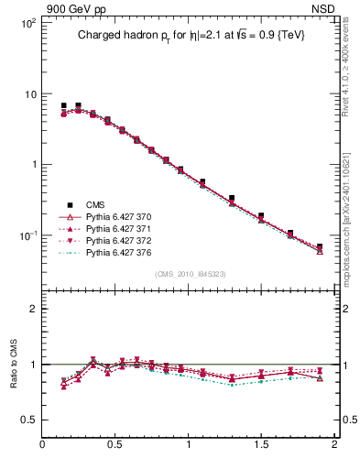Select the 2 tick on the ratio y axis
(x=32, y=309)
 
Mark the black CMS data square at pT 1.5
(x=261, y=215)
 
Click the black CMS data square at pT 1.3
(x=232, y=198)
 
